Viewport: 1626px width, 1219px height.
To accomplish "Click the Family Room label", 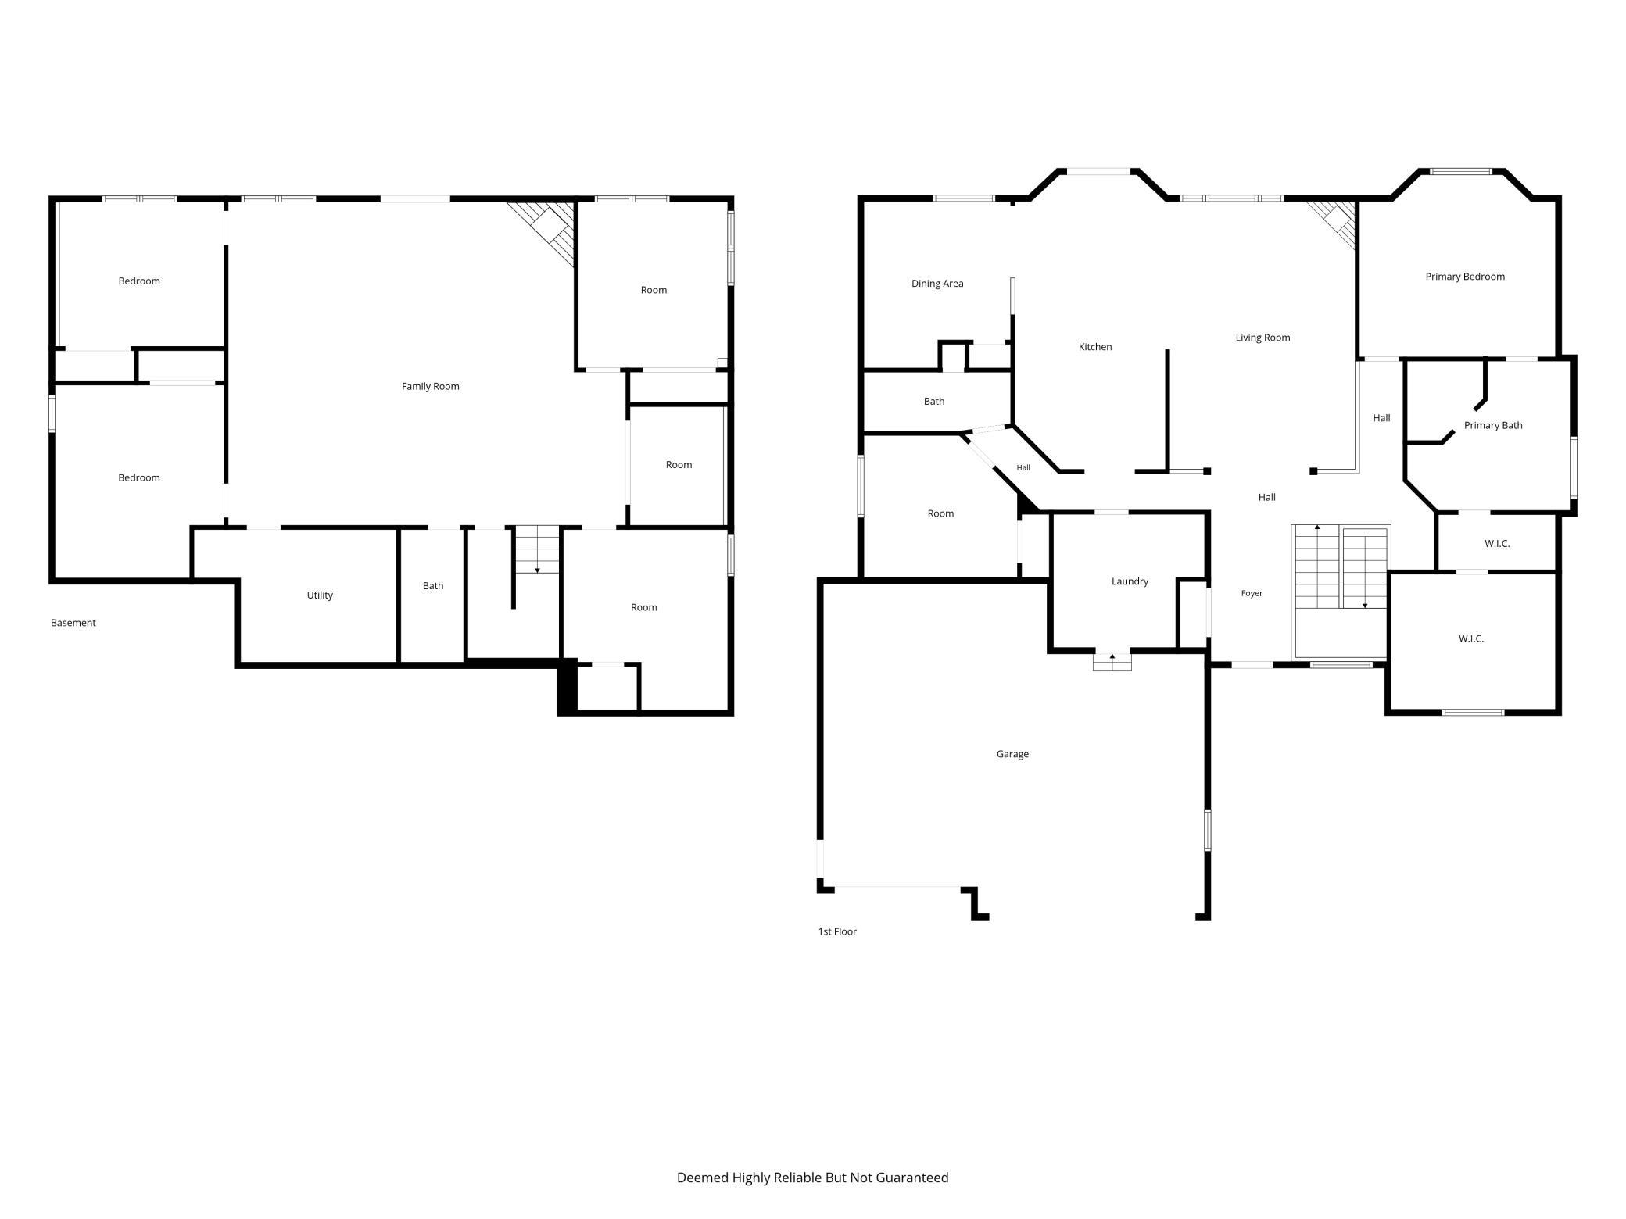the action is pos(430,386).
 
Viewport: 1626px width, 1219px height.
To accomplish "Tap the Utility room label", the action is pos(320,595).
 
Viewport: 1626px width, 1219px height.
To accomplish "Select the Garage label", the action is pos(1012,754).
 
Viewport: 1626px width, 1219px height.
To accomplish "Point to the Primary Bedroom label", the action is pos(1465,277).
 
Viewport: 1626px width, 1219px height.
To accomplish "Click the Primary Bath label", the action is pos(1493,426).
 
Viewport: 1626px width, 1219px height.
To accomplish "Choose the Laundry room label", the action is pos(1130,581).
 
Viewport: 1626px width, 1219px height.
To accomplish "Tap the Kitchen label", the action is pos(1095,347).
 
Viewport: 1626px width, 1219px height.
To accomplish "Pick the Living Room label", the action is pos(1262,338).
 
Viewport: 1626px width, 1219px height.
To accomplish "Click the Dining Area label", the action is pos(937,284).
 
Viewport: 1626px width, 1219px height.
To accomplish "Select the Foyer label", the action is pos(1252,594).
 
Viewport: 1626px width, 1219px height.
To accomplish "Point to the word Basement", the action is pos(73,623).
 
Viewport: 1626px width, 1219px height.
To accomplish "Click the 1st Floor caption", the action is pos(837,931).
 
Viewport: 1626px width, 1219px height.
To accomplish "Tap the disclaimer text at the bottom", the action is pos(812,1178).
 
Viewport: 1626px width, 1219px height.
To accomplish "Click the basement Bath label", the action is pos(433,586).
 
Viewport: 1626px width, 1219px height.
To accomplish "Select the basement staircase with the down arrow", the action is pos(537,550).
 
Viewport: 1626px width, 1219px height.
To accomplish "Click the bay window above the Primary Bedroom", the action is pos(1461,171).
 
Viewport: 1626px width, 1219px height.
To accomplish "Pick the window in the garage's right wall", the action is pos(1207,830).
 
